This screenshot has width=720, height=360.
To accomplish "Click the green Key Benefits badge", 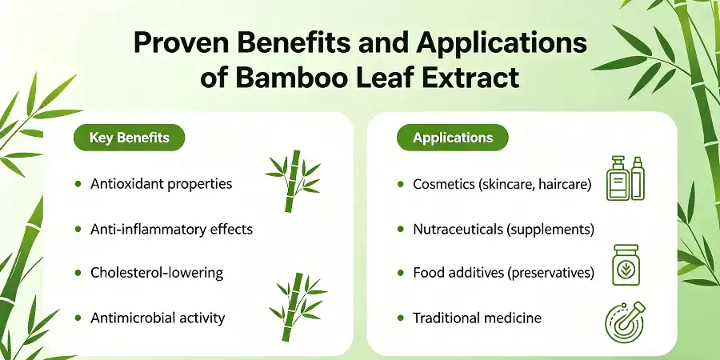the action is click(x=129, y=138).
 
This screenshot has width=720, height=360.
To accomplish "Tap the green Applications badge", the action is click(x=453, y=138).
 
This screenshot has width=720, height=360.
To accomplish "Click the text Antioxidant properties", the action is click(x=161, y=184).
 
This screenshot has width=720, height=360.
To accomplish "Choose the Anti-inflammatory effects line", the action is click(x=172, y=229).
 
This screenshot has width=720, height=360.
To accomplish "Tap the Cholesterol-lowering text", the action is click(x=157, y=274).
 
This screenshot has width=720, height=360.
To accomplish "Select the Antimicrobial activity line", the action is click(x=158, y=318).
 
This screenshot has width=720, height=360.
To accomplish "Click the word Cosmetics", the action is click(x=443, y=184).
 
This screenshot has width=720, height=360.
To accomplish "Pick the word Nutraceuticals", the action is click(x=458, y=229).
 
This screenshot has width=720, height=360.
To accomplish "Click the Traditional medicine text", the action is click(x=477, y=318).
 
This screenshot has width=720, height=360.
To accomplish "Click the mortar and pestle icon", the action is click(x=625, y=322).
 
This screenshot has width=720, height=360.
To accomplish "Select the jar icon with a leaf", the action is click(x=626, y=265).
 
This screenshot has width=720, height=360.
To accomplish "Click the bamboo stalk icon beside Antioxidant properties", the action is click(x=293, y=182).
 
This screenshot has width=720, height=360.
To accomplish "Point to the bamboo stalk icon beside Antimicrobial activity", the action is click(x=297, y=306).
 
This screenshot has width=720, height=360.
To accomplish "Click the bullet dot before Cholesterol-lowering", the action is click(x=78, y=274).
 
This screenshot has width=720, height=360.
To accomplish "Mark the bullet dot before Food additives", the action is click(x=401, y=274).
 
